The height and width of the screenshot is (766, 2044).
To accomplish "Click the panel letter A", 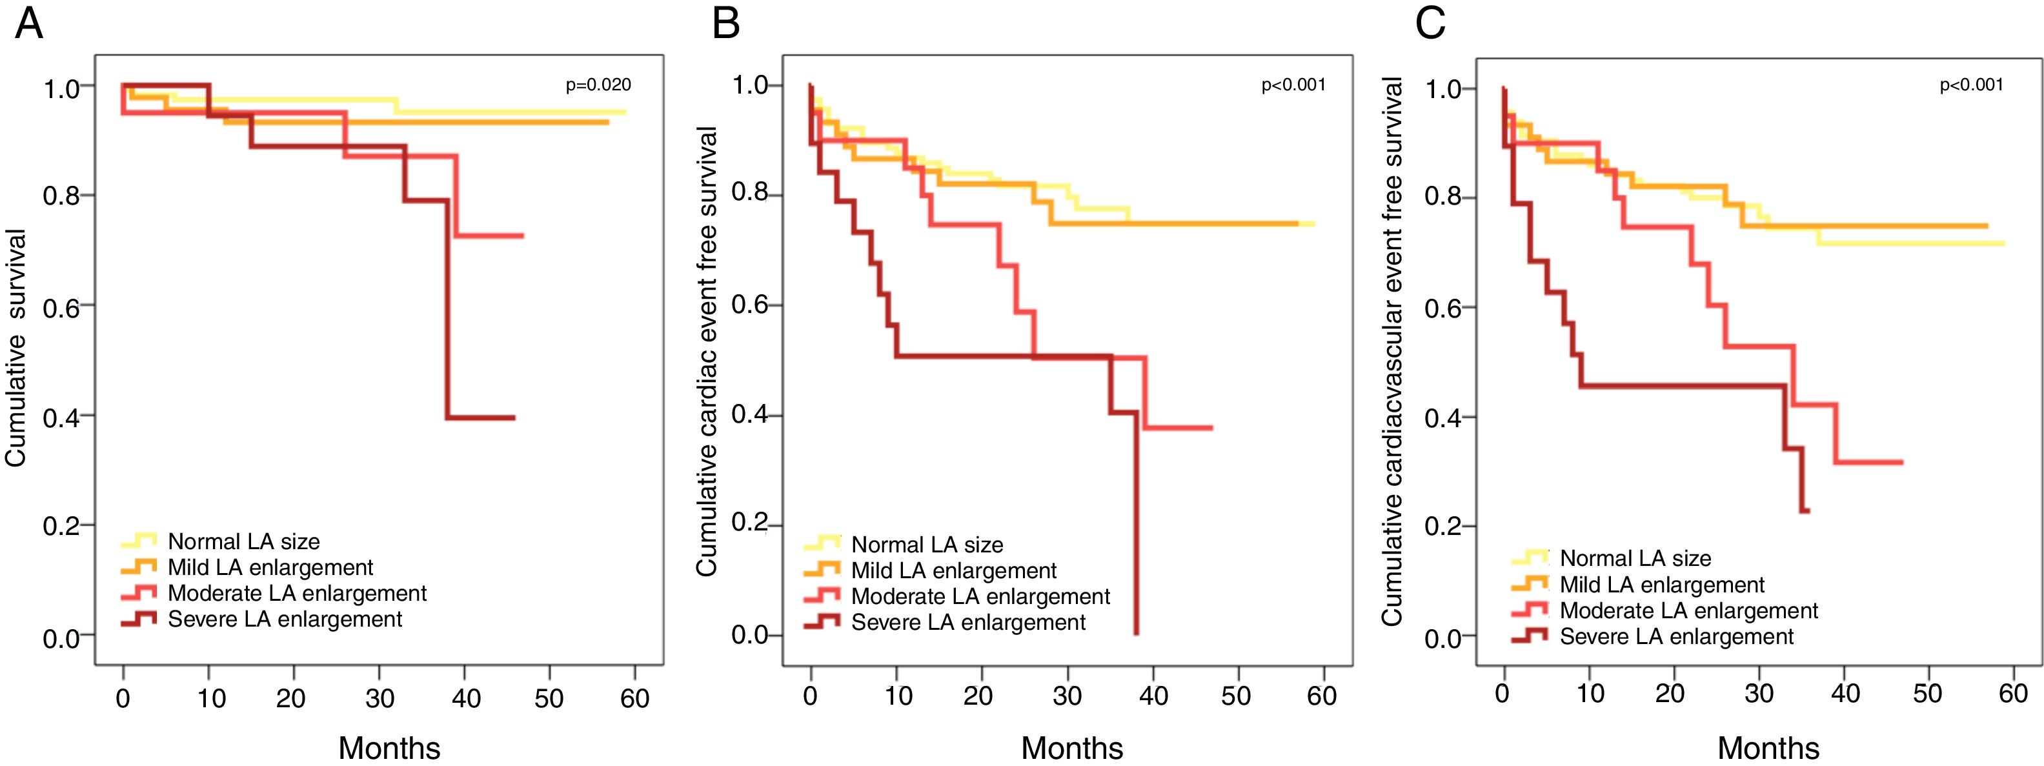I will (x=28, y=24).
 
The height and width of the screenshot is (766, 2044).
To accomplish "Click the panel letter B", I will (x=725, y=24).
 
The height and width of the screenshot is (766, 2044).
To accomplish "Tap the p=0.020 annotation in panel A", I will (x=598, y=85).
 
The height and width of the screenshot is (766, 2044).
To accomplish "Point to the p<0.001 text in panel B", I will (x=1293, y=85).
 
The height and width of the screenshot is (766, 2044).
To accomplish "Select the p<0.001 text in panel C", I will (x=1971, y=85).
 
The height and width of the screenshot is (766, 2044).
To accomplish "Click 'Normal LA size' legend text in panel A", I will (x=243, y=542).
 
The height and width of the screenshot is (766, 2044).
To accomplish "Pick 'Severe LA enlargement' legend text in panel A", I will (x=285, y=619).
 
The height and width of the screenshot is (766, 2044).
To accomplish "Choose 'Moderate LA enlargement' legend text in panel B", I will (x=980, y=596).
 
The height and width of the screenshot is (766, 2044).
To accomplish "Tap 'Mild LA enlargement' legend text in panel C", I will (x=1661, y=585).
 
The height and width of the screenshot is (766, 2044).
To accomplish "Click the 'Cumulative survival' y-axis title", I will (x=16, y=348).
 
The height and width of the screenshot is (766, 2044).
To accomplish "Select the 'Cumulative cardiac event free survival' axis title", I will (x=706, y=351).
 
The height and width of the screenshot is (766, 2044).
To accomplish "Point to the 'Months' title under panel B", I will (x=1071, y=748).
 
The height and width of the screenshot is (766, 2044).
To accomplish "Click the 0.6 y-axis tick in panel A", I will (x=61, y=307).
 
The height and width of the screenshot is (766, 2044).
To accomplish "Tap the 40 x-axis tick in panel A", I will (x=466, y=698).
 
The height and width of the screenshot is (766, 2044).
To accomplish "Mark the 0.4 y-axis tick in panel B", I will (x=750, y=415).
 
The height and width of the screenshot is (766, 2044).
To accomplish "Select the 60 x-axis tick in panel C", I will (x=2013, y=694).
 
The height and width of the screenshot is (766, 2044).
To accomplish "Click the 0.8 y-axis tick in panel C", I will (x=1442, y=197).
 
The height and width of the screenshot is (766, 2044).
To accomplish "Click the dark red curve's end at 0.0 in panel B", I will (x=1137, y=632).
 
